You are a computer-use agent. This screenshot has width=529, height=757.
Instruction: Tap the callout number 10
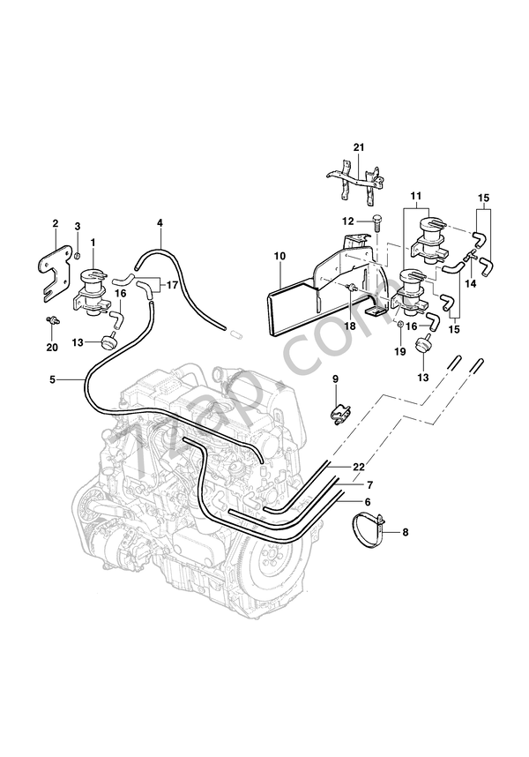click(x=279, y=257)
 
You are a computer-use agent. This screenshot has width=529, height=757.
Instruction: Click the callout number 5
click(x=53, y=379)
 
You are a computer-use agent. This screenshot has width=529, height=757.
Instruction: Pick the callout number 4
click(x=160, y=224)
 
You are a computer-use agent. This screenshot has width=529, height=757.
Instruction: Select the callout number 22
click(x=358, y=466)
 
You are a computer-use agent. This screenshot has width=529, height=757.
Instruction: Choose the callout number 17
click(x=171, y=285)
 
